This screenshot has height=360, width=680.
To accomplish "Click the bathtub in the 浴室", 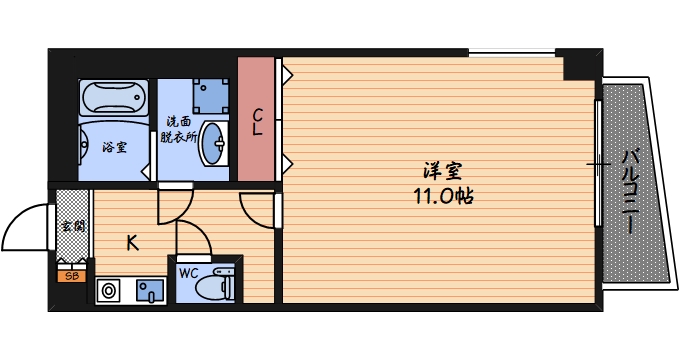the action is tap(114, 98).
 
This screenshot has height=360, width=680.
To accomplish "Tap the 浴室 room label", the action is tap(114, 147).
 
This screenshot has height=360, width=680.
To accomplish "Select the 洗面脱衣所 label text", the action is tap(179, 129).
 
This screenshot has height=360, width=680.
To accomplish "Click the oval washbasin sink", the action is tap(213, 144).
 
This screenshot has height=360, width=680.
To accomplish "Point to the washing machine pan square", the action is tap(211, 96).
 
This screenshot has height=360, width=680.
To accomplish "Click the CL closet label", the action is tap(257, 122).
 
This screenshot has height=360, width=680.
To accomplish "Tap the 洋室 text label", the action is tap(442, 171).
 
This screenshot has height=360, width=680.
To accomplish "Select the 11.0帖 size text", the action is tap(443, 196).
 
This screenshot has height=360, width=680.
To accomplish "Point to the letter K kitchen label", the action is tap(132, 243).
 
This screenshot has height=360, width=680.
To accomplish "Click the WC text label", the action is tap(189, 274).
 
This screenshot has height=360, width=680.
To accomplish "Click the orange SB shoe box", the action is tap(72, 276).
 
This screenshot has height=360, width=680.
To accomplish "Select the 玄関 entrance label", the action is tap(73, 226).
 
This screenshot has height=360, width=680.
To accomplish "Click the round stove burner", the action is tap(108, 291).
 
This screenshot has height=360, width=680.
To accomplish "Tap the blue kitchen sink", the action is tap(150, 291).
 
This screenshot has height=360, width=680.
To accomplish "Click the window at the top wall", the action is tap(512, 53).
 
